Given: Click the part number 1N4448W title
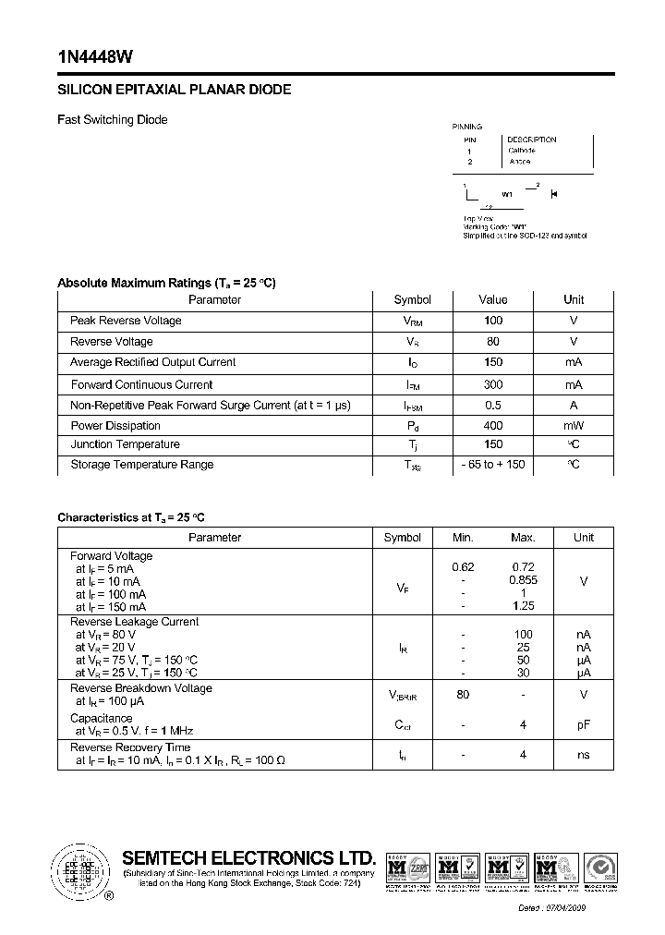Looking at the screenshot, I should (x=95, y=56).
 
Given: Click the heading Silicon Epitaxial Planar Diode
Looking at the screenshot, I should (x=175, y=91).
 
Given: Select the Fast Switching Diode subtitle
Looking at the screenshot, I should (x=113, y=120).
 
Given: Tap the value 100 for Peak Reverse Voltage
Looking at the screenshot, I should (x=493, y=321).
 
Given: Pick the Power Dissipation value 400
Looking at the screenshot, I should (x=493, y=426).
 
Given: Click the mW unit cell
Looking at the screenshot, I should (x=574, y=426).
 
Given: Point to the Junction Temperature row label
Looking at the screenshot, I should (x=125, y=444).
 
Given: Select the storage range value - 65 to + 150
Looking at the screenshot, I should (x=493, y=465).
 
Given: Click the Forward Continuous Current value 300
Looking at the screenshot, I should (x=493, y=384).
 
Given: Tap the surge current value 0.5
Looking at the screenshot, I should (x=493, y=406).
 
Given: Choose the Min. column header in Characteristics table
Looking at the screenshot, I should (x=463, y=538).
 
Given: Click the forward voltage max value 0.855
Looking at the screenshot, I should (x=523, y=580).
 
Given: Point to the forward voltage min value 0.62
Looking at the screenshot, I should (x=463, y=567).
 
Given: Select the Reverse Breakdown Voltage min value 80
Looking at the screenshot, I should (x=463, y=695).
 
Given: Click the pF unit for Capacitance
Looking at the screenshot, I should (x=584, y=725).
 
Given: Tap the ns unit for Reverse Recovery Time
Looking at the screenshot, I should (x=584, y=755).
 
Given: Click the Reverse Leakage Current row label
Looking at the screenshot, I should (x=135, y=622).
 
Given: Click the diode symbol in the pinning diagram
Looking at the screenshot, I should (x=554, y=194).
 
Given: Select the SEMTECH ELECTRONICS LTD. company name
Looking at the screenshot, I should (x=249, y=857).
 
